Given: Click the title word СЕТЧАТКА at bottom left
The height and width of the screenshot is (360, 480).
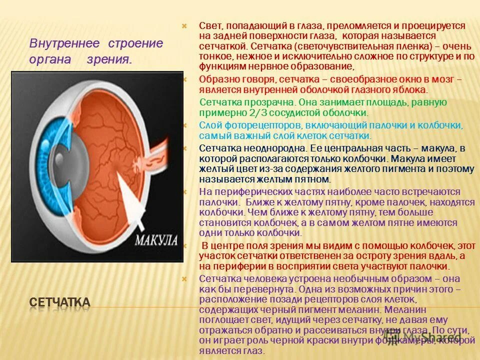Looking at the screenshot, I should point(60,302).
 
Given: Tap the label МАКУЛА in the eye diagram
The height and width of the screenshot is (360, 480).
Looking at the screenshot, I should point(156,239).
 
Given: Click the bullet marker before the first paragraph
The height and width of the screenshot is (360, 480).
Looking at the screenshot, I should point(183,25).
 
